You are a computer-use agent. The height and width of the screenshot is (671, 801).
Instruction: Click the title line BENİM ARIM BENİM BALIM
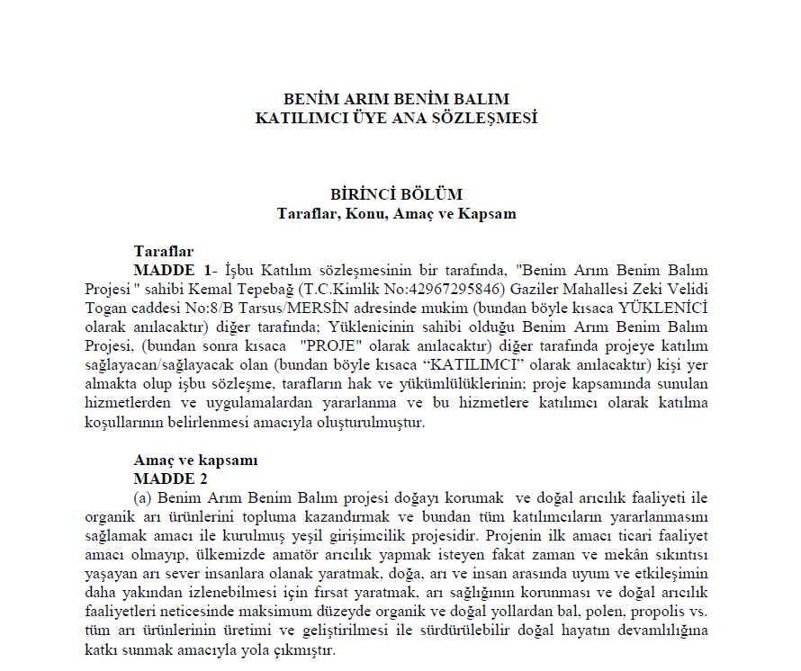(x=397, y=99)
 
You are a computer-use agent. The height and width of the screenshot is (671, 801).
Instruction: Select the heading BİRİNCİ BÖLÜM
(x=397, y=194)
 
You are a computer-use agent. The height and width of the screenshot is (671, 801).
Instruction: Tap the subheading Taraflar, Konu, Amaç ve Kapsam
(x=397, y=213)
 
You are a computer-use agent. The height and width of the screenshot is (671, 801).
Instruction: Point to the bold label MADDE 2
(x=170, y=479)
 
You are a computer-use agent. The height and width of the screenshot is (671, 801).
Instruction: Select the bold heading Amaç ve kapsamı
(x=195, y=460)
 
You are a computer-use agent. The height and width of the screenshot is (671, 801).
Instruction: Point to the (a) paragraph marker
(x=142, y=498)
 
